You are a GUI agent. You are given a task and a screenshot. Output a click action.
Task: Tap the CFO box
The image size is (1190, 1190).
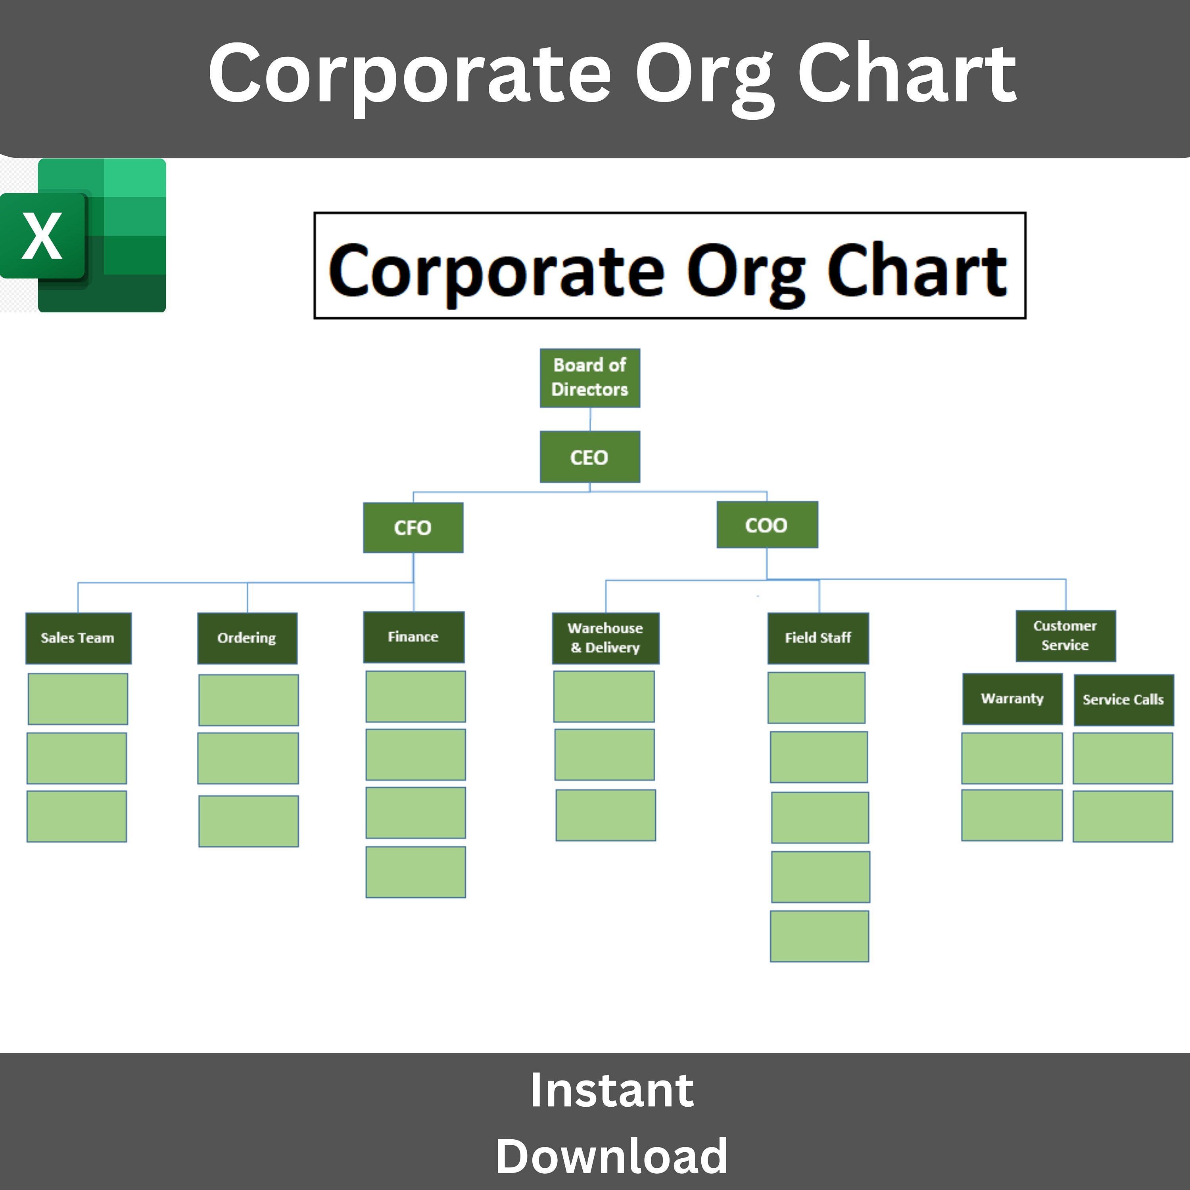click(413, 527)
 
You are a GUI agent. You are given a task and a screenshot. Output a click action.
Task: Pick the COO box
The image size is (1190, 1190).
click(767, 525)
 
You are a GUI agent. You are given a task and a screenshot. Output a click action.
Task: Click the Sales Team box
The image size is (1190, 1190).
click(78, 638)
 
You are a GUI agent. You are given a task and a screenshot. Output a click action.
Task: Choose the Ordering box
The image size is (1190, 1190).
click(247, 638)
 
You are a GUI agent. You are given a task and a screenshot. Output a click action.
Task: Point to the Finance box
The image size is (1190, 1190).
click(413, 637)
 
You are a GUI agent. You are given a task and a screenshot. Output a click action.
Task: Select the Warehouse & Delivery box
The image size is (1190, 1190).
click(605, 638)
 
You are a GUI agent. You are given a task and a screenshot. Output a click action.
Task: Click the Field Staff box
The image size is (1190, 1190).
click(818, 638)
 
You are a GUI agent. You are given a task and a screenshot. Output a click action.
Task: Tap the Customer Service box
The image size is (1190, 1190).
click(1065, 635)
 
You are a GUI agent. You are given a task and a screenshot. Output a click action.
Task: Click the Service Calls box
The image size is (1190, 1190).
click(1123, 700)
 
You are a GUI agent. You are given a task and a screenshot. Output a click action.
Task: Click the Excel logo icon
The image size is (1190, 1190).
click(84, 235)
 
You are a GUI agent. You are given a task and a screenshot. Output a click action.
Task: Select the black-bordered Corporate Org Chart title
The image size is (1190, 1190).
click(670, 265)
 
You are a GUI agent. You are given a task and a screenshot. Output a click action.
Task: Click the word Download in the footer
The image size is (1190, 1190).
click(612, 1156)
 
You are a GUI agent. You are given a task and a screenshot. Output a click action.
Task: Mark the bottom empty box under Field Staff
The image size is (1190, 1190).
click(819, 936)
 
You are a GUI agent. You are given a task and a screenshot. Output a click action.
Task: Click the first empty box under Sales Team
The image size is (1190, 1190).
click(78, 699)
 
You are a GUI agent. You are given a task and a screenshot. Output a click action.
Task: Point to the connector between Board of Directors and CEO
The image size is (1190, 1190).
click(590, 419)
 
